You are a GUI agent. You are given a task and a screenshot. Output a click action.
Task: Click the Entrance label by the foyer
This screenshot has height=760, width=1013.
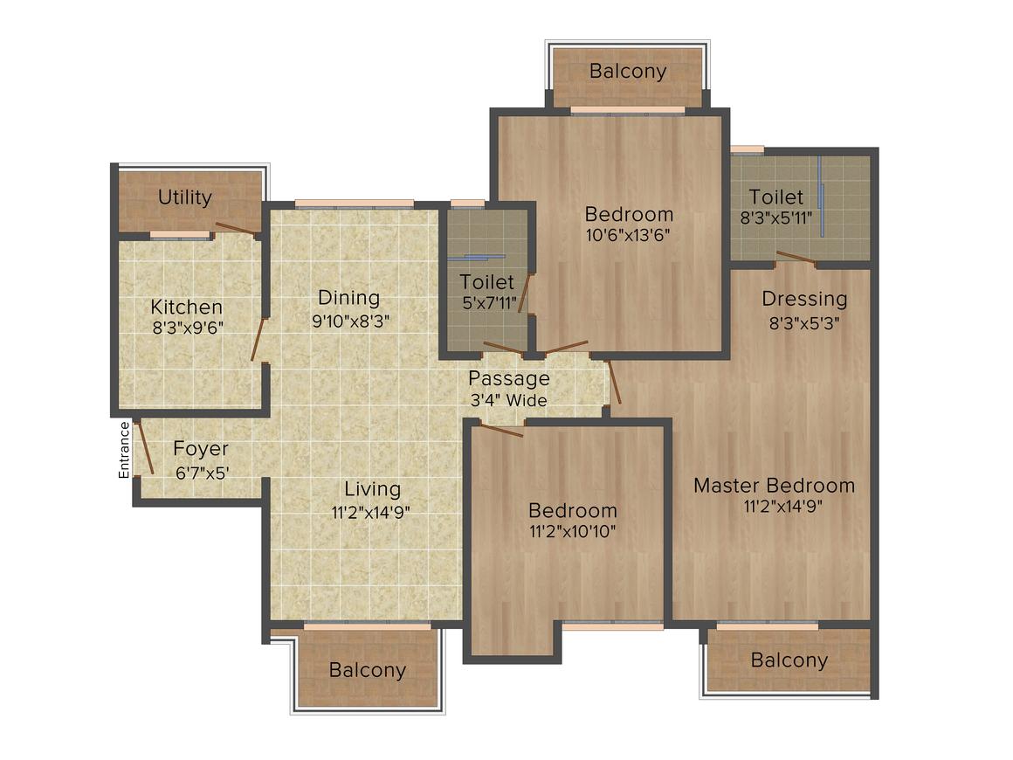pos(124,450)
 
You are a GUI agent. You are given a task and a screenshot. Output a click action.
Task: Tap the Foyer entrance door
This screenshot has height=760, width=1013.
pos(143,447)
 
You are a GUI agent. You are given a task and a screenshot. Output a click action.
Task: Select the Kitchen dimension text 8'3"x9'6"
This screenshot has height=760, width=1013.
pos(188,328)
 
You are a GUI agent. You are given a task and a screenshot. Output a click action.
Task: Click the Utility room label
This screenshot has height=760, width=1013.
pos(185,197)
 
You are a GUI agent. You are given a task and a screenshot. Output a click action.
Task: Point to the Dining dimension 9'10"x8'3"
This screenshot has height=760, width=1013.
pos(351,321)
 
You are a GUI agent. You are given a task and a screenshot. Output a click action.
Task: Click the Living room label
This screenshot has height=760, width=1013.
pos(372,489)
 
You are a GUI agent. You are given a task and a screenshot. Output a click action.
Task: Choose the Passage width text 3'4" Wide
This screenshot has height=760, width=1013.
pos(509,401)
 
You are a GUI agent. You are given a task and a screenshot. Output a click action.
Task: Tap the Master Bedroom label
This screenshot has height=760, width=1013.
pos(774,486)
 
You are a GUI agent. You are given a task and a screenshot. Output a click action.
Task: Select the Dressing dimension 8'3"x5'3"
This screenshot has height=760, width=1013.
pos(804,322)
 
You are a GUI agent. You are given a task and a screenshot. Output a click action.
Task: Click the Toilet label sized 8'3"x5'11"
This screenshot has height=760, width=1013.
pos(775,197)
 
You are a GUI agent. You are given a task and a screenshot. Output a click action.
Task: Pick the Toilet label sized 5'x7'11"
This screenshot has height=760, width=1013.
pos(487,282)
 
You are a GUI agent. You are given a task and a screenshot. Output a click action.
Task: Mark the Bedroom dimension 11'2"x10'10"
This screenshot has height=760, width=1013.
pos(572,532)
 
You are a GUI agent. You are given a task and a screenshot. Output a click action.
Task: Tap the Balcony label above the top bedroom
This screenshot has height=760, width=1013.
pos(628,71)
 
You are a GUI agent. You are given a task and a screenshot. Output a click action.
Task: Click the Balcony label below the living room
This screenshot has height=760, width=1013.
pos(367,670)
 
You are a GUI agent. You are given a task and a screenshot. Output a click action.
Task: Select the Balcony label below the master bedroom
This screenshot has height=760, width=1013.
pos(789,660)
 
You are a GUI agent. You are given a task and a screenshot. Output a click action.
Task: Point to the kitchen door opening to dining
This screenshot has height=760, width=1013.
pos(258,339)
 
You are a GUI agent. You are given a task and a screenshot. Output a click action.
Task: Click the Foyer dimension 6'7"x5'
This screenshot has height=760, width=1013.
pos(203,473)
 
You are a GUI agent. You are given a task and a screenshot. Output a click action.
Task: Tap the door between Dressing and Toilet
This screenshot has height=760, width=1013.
pos(796,258)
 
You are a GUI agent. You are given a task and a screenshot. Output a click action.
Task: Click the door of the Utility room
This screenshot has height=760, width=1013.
pos(238,227)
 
